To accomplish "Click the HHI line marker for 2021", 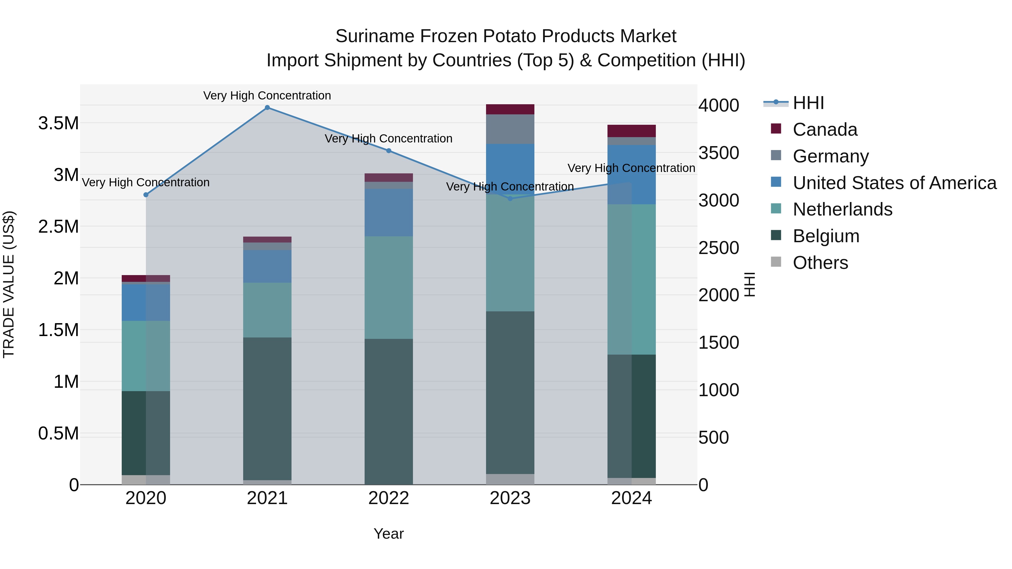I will (267, 108).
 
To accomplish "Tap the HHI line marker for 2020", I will (146, 195).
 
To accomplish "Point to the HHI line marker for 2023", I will (510, 199).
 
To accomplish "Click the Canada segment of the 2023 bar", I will (510, 109).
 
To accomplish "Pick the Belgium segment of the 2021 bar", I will (267, 408).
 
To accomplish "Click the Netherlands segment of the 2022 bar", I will (388, 287).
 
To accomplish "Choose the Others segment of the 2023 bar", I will (510, 479).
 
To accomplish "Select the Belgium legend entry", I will (826, 236).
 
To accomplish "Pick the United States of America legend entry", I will (894, 183).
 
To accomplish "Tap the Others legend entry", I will (820, 263).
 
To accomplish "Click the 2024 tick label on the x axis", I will (631, 498).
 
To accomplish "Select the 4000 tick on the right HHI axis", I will (719, 105).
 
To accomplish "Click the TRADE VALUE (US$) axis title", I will (9, 284).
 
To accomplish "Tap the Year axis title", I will (388, 534).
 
